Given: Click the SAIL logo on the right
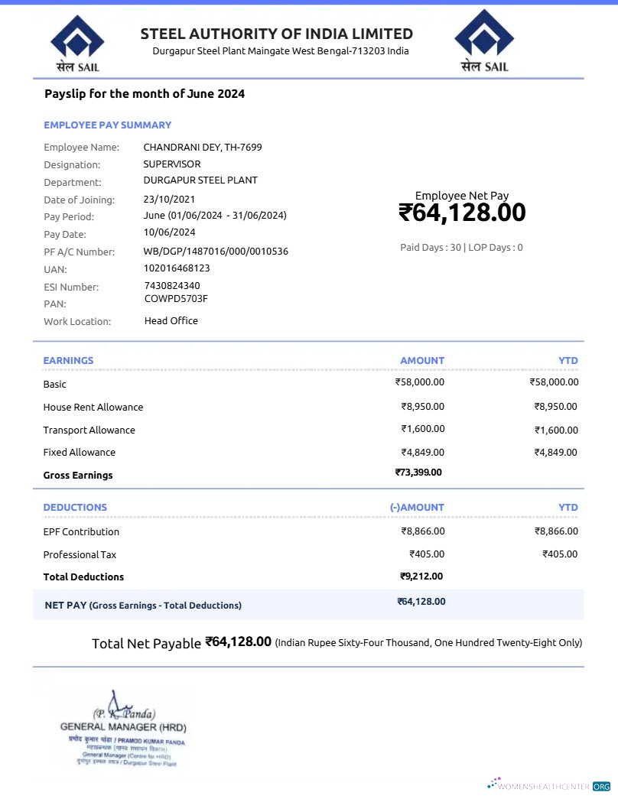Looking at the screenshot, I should [x=484, y=41].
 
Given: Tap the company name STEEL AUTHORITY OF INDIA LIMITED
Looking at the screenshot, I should [x=276, y=34].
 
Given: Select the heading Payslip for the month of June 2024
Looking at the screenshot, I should [x=145, y=94].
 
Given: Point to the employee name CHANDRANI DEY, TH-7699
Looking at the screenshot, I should [x=203, y=147].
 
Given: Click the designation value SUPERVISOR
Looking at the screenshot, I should [x=172, y=164].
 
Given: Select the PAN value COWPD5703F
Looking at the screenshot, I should [x=176, y=299].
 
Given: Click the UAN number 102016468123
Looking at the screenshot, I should [x=177, y=268].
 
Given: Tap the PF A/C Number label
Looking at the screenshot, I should [x=79, y=252].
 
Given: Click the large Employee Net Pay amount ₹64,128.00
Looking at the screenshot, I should [x=462, y=213].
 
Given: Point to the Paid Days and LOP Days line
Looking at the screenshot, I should [x=461, y=248].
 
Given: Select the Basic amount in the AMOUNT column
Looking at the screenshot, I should [x=419, y=382].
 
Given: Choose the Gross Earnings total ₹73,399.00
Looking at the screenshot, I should [x=418, y=473].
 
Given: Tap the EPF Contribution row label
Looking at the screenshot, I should [x=81, y=531].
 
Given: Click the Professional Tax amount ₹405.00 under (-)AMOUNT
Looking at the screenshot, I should [x=427, y=554].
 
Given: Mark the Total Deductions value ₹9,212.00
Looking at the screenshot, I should [x=421, y=577].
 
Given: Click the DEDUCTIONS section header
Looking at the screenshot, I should [x=75, y=508].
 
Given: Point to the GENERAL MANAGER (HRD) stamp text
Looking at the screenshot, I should [x=123, y=727].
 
